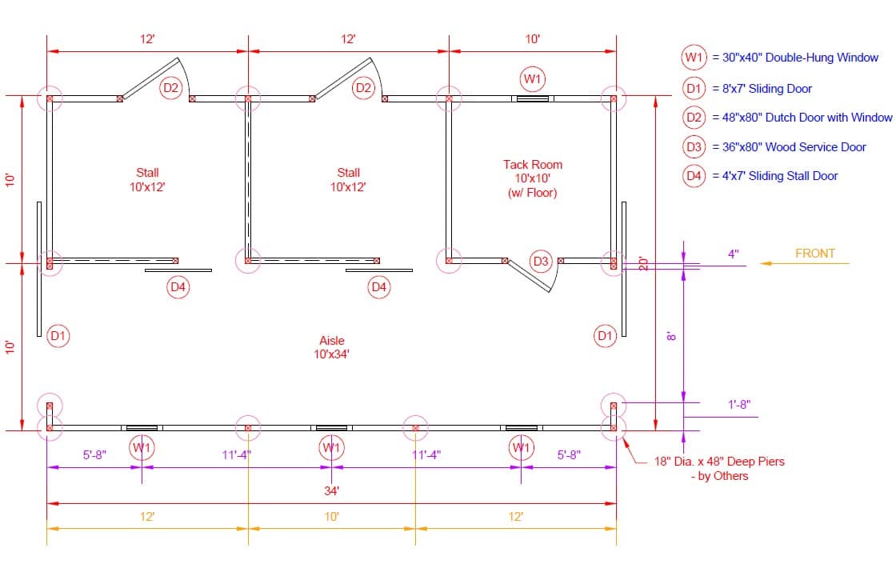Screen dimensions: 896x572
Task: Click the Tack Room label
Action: pos(533,165)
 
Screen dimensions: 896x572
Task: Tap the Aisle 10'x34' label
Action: pos(331,347)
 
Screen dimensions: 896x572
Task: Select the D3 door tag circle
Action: pos(541,262)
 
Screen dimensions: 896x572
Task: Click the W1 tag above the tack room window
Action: pos(533,79)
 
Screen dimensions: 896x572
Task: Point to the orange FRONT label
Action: pos(815,253)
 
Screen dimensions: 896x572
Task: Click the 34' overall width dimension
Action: pos(331,491)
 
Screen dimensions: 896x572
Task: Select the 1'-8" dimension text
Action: pos(739,405)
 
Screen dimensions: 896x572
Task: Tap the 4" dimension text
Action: pos(733,254)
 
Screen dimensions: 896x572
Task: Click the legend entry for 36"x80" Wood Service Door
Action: pos(794,147)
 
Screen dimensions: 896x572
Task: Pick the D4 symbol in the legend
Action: pos(694,176)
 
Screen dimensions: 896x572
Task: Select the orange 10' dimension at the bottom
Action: pos(331,517)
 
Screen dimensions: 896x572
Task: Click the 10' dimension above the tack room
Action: pos(533,39)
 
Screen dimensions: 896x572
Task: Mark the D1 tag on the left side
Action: pos(58,335)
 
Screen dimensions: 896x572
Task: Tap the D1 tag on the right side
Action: pos(605,335)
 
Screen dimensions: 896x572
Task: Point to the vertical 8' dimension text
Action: pos(671,337)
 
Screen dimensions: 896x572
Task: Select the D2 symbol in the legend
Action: pos(694,117)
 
